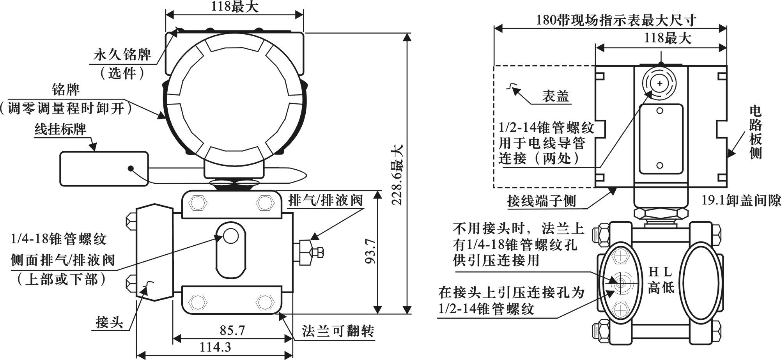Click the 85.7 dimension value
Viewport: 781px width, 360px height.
point(232,330)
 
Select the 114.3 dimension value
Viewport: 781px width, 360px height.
point(215,347)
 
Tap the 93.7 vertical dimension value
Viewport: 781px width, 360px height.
point(371,251)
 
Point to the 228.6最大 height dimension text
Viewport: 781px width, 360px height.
point(397,175)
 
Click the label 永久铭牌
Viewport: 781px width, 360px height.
point(122,54)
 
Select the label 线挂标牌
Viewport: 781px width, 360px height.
point(60,129)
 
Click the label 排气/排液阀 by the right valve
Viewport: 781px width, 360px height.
point(325,200)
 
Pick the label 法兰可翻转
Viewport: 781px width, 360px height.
point(338,331)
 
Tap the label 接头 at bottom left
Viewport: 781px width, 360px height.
point(110,323)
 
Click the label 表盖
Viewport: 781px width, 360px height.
point(555,96)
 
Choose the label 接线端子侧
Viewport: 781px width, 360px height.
point(541,201)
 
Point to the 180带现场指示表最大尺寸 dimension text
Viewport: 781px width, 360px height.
point(616,20)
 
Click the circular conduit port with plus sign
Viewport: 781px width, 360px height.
point(659,83)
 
